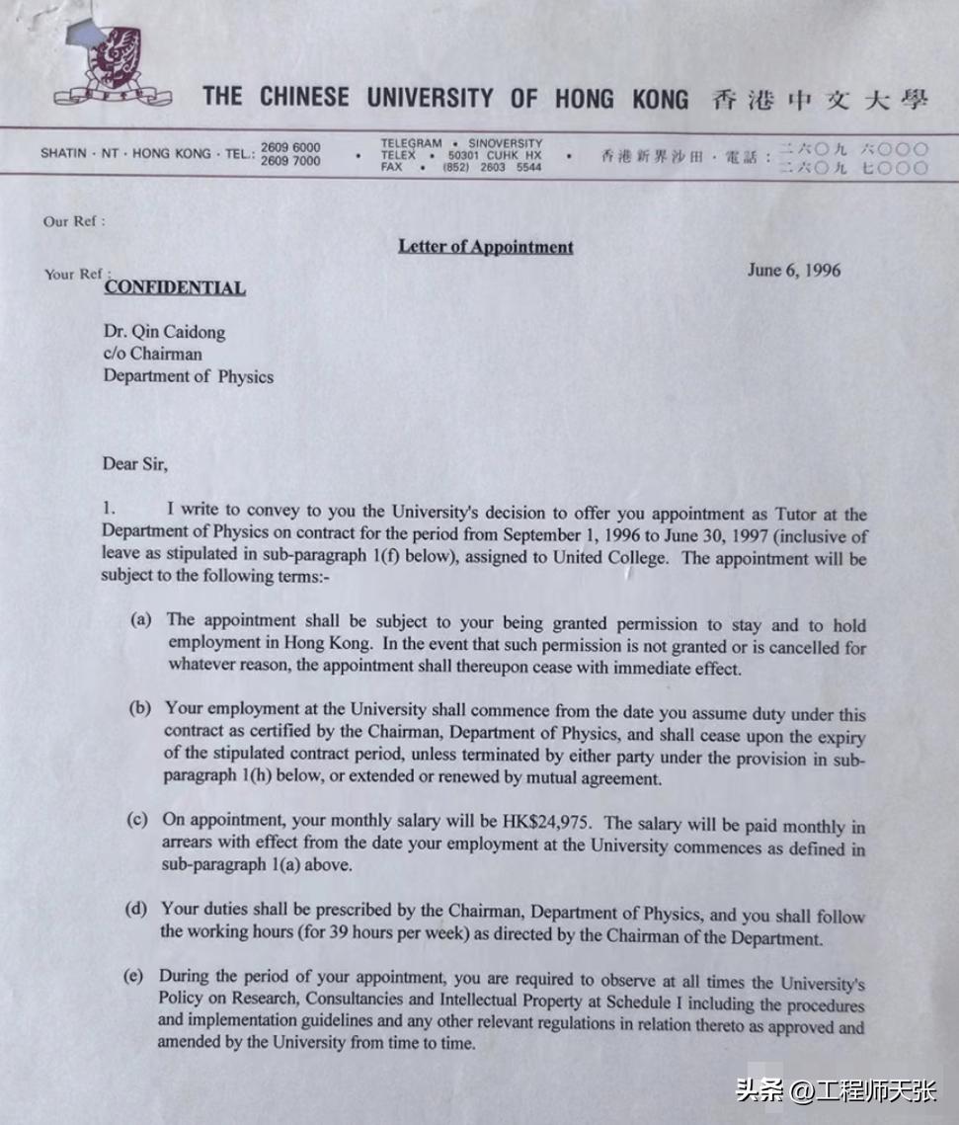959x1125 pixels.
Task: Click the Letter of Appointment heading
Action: (485, 246)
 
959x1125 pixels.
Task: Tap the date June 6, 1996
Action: (794, 270)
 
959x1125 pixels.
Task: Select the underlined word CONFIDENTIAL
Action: (175, 287)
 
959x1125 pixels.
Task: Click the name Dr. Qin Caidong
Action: (164, 332)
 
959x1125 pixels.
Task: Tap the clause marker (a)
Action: (141, 619)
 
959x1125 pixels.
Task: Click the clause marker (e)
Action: (133, 976)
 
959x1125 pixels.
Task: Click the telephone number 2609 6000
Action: (290, 147)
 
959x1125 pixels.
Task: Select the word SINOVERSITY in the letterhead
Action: (506, 143)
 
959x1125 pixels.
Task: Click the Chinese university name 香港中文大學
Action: (819, 99)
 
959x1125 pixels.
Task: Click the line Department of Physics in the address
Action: (188, 376)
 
